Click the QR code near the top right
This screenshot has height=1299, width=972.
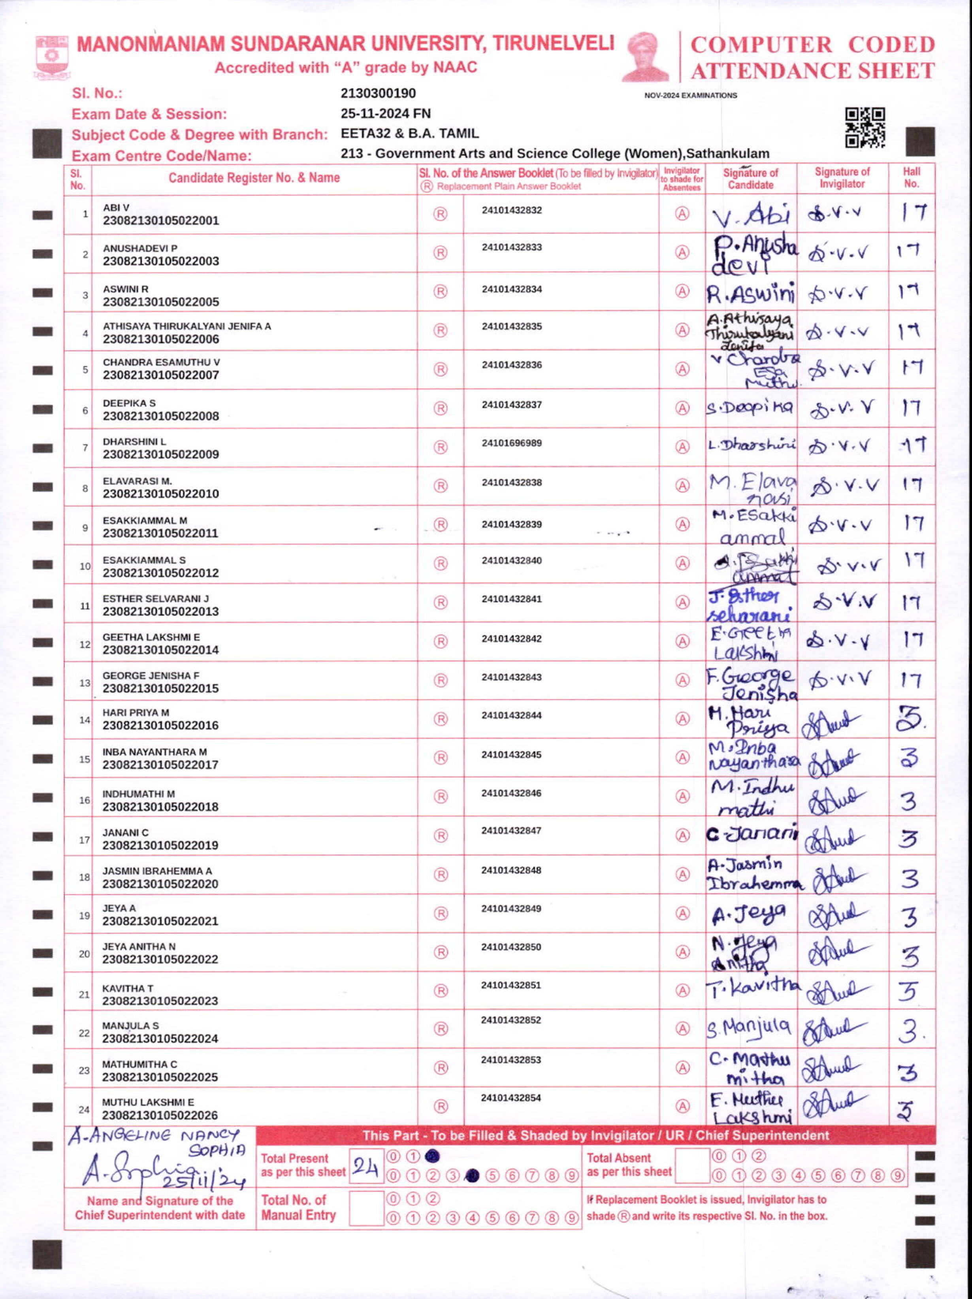pos(865,127)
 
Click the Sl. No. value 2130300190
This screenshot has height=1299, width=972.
pos(378,93)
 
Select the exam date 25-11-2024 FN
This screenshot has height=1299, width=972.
pos(385,113)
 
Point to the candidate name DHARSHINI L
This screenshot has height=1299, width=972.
pos(134,441)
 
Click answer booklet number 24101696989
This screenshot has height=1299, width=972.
pos(512,443)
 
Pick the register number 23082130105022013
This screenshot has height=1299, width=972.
pos(160,611)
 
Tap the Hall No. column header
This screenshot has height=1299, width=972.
pos(911,177)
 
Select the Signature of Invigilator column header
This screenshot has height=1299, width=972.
pos(842,177)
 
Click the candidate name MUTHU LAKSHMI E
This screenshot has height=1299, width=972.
pos(148,1102)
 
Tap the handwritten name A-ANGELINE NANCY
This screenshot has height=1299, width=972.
pos(154,1136)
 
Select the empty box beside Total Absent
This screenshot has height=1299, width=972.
pos(692,1165)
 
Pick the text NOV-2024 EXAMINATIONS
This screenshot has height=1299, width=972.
pos(691,95)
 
